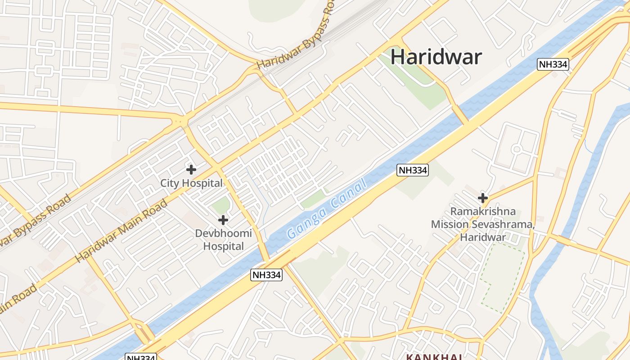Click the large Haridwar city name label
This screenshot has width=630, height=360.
tap(436, 57)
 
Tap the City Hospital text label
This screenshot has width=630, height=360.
tap(191, 183)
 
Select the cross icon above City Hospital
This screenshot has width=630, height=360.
tap(191, 170)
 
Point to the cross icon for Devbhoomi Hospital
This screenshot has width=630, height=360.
tap(223, 220)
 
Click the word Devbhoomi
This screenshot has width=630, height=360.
tap(223, 234)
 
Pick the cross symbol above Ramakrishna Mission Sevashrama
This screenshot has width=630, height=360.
tap(483, 198)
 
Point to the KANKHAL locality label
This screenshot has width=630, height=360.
tap(434, 357)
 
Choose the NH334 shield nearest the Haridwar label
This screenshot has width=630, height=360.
tap(553, 64)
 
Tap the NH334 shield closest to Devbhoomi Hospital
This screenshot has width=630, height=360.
tap(266, 274)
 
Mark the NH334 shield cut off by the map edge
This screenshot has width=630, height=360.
tap(140, 357)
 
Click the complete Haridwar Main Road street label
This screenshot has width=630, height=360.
tap(121, 230)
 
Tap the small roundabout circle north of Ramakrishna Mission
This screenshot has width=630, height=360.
tap(517, 149)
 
